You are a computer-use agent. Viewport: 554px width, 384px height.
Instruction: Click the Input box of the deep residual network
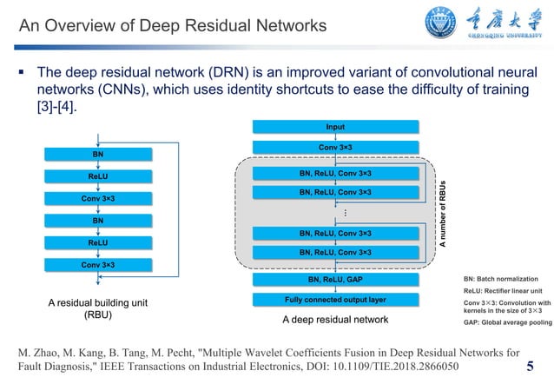(334, 127)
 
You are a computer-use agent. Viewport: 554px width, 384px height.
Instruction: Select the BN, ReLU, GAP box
(334, 280)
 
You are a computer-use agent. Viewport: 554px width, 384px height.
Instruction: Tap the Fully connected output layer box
(334, 300)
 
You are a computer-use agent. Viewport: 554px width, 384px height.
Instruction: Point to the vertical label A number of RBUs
(442, 216)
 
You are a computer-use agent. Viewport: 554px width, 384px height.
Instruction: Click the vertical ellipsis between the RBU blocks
(345, 213)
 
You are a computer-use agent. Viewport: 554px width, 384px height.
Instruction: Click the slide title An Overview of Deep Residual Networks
(173, 27)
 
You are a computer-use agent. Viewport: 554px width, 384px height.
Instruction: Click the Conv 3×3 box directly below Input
(334, 147)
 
